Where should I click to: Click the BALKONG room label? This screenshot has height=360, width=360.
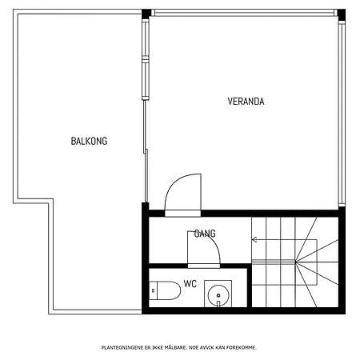(89, 141)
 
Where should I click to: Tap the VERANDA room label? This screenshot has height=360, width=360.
(246, 102)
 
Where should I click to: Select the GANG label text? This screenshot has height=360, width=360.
(205, 234)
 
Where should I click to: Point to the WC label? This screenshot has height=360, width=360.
(190, 284)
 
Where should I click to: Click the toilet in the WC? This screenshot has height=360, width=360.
(165, 290)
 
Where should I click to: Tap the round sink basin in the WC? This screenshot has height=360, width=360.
(218, 295)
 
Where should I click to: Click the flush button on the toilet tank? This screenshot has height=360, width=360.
(153, 290)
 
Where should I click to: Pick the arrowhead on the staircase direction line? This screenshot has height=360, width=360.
(254, 239)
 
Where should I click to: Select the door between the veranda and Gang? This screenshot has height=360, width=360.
(183, 194)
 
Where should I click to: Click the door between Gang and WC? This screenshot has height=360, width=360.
(204, 250)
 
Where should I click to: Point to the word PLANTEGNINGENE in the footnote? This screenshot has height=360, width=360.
(122, 347)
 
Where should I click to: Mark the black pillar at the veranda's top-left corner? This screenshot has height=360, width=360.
(146, 14)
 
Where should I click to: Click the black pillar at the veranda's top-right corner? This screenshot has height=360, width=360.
(342, 14)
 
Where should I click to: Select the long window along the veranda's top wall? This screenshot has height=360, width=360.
(244, 13)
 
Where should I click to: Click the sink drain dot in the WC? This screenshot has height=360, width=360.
(218, 295)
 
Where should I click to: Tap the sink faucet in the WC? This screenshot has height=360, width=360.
(218, 303)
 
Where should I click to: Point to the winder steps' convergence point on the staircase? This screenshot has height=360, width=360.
(296, 262)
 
